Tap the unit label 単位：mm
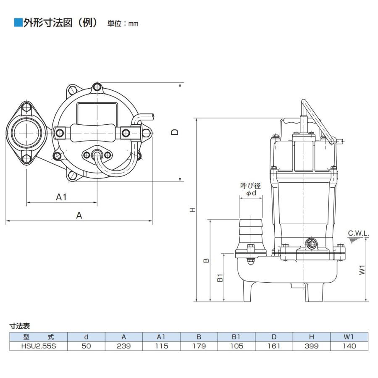[123, 24]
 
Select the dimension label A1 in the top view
[61, 197]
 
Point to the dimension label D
[175, 132]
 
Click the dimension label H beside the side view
[192, 210]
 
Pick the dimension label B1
[220, 278]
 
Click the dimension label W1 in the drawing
[362, 270]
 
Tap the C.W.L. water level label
[359, 234]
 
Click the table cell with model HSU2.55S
[39, 346]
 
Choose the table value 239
[123, 346]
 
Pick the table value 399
[312, 346]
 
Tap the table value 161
[274, 346]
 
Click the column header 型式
[39, 337]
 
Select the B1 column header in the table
[236, 337]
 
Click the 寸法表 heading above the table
[20, 326]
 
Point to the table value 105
[236, 346]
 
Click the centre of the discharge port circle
[26, 133]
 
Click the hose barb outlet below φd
[250, 235]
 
